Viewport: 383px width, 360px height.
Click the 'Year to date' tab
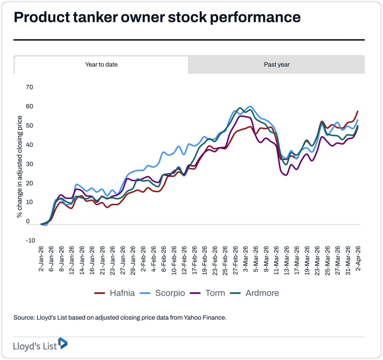tap(101, 65)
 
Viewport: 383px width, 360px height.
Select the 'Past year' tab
tap(277, 65)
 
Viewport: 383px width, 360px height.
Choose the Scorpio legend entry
tap(162, 293)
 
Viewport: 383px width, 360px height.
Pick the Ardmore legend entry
tap(255, 293)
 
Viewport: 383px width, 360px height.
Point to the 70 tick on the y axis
tap(29, 87)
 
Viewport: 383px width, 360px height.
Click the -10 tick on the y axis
tap(30, 241)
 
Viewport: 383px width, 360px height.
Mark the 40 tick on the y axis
tap(29, 145)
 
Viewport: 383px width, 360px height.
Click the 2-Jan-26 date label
tap(41, 260)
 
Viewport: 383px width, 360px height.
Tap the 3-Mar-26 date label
tap(245, 260)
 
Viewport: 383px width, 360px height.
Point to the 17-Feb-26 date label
tap(194, 260)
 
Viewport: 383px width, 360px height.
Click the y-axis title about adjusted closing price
tap(20, 166)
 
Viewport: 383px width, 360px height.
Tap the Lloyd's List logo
tap(40, 344)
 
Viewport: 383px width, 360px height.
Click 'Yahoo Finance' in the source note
tap(205, 317)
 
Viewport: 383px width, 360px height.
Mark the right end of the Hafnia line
tap(358, 111)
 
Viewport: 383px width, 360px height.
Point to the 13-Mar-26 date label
tap(286, 260)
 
